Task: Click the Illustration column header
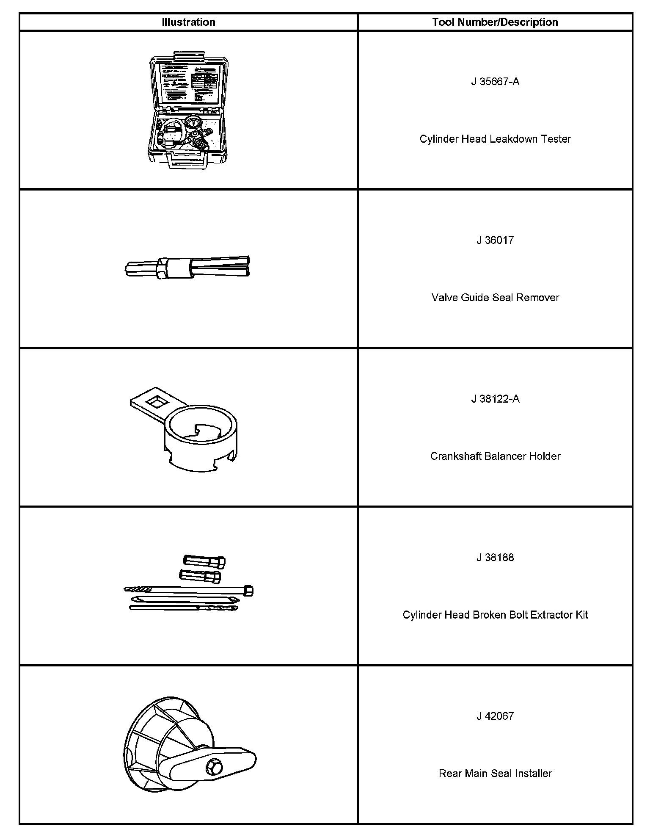pyautogui.click(x=188, y=22)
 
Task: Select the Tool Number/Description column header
pyautogui.click(x=495, y=22)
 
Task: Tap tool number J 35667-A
pyautogui.click(x=495, y=82)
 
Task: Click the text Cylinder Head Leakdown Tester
pyautogui.click(x=495, y=139)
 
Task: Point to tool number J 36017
pyautogui.click(x=495, y=240)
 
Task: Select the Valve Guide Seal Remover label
pyautogui.click(x=495, y=298)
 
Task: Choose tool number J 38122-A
pyautogui.click(x=495, y=399)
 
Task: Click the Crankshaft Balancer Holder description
pyautogui.click(x=495, y=456)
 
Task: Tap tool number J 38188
pyautogui.click(x=495, y=557)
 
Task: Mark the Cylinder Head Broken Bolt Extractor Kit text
pyautogui.click(x=495, y=615)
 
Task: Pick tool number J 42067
pyautogui.click(x=495, y=716)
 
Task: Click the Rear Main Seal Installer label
pyautogui.click(x=495, y=774)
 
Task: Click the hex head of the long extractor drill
pyautogui.click(x=249, y=591)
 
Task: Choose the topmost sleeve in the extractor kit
pyautogui.click(x=204, y=561)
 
